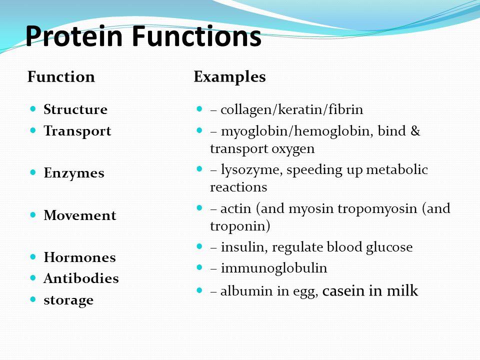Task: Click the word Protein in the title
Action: (x=74, y=36)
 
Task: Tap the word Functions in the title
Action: (x=196, y=36)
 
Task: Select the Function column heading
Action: (x=61, y=76)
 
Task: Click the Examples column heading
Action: (x=229, y=77)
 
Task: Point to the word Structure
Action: (x=75, y=109)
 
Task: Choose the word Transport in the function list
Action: (x=77, y=131)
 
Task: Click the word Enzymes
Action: (x=74, y=173)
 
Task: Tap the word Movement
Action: (x=80, y=215)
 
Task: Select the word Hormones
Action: (x=79, y=257)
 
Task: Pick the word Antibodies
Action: (x=81, y=278)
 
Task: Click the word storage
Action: (x=68, y=300)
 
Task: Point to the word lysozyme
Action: (x=251, y=170)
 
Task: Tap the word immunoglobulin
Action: (x=274, y=268)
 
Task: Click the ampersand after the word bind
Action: (x=415, y=131)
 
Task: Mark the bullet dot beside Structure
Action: (x=33, y=108)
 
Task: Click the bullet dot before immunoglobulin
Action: (x=199, y=267)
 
